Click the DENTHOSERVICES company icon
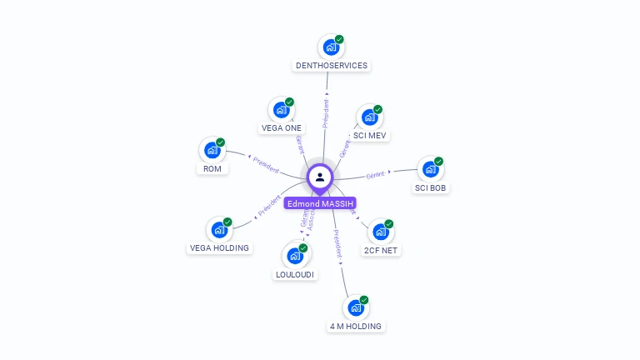(331, 47)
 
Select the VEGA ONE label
(282, 128)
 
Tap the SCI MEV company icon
(369, 117)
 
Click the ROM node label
(212, 169)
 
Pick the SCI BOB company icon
(430, 169)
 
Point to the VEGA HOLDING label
(219, 247)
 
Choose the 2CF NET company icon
(380, 232)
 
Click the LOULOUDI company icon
(295, 256)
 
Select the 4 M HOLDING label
(356, 326)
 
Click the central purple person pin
(320, 177)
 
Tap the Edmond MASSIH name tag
(320, 203)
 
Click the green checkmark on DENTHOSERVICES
(339, 39)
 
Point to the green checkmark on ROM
(221, 142)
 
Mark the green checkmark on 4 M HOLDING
(364, 300)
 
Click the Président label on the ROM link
(266, 164)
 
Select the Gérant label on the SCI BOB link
(376, 175)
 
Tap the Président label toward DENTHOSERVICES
(326, 114)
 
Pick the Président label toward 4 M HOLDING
(336, 247)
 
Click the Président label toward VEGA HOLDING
(269, 205)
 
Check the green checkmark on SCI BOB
(438, 162)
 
